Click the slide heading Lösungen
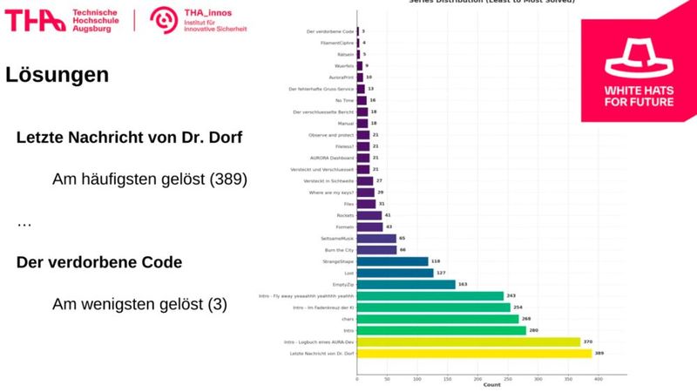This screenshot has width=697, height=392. pyautogui.click(x=58, y=75)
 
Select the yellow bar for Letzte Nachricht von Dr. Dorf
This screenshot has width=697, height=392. pyautogui.click(x=474, y=353)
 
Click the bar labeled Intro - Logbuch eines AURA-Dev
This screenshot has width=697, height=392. pyautogui.click(x=468, y=342)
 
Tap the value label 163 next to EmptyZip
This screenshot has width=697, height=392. pyautogui.click(x=463, y=284)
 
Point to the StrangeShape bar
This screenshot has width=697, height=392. pyautogui.click(x=392, y=260)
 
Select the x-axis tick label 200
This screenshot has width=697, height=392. pyautogui.click(x=477, y=379)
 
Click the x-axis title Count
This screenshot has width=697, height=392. pyautogui.click(x=491, y=385)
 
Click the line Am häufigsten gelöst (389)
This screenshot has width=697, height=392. pyautogui.click(x=150, y=179)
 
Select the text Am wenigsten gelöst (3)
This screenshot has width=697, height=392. pyautogui.click(x=139, y=304)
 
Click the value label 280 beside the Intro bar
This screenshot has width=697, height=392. pyautogui.click(x=534, y=330)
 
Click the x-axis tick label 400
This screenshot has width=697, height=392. pyautogui.click(x=599, y=379)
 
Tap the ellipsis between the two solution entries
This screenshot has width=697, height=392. pyautogui.click(x=24, y=224)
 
